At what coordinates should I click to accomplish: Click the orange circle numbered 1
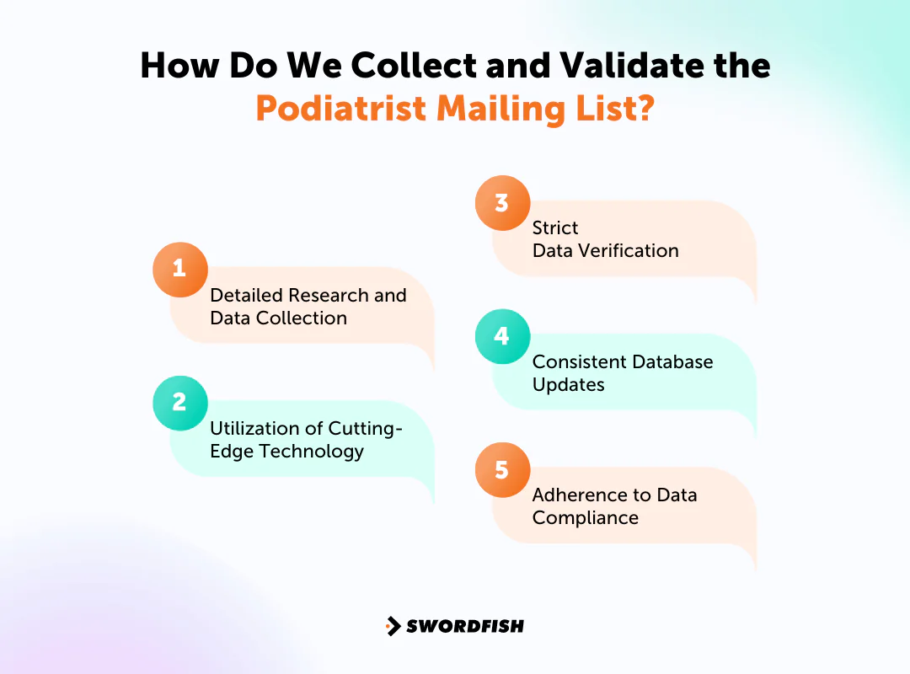179,270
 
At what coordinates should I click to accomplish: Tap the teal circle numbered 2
179,403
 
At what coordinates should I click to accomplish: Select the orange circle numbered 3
502,203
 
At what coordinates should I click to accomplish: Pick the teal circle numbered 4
502,336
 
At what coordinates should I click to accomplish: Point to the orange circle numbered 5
502,469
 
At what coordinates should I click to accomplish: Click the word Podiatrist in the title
340,110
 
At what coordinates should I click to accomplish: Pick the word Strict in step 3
555,228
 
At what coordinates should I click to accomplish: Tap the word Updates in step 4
568,385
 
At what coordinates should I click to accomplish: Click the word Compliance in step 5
585,518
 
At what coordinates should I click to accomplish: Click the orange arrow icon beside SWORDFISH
393,626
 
